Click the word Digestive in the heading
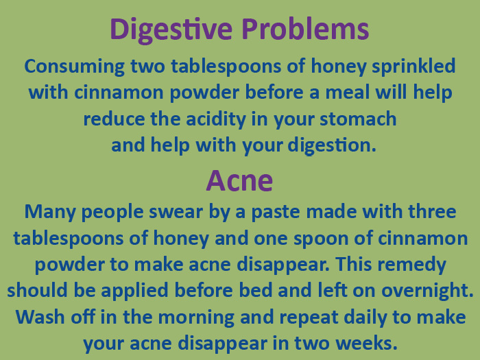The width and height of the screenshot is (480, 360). coord(171,30)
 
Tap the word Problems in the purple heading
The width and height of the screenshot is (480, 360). coord(305,29)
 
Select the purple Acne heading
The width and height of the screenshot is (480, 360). coord(239,180)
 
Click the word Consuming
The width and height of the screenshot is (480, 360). coord(74,67)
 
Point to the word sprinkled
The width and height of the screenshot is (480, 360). coord(413,67)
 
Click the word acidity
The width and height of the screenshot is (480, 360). coord(216,120)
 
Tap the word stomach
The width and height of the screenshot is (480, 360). coord(358,119)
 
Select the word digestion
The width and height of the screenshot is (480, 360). coord(331,145)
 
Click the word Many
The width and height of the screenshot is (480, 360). coord(50,213)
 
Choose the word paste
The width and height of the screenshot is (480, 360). coord(275,213)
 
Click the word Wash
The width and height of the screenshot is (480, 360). coord(40,317)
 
